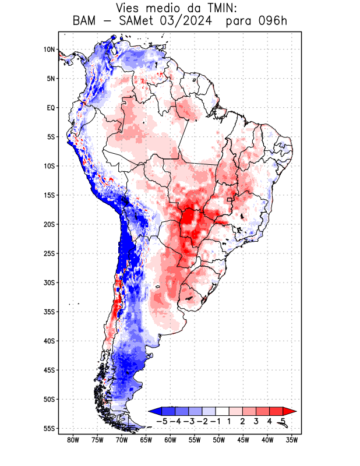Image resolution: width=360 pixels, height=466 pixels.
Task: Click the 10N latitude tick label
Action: point(49,50)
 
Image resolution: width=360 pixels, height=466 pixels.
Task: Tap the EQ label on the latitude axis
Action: point(51,108)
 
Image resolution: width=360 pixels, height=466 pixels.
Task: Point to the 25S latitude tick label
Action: point(49,253)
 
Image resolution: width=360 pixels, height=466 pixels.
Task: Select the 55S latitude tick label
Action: point(49,429)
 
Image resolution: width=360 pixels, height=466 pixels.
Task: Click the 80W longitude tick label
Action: point(73,440)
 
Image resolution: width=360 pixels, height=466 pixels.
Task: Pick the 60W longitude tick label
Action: point(171,440)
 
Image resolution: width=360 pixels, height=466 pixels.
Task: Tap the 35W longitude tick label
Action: point(292,440)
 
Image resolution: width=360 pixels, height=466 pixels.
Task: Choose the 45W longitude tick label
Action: point(243,440)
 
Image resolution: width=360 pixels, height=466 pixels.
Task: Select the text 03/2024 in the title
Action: point(181,22)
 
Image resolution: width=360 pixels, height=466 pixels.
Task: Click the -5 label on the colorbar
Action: point(161,421)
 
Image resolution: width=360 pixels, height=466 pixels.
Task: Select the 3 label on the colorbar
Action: point(256,421)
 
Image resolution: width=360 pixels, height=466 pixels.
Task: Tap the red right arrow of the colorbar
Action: point(290,411)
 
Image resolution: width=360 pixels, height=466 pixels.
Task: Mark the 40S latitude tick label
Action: point(49,341)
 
